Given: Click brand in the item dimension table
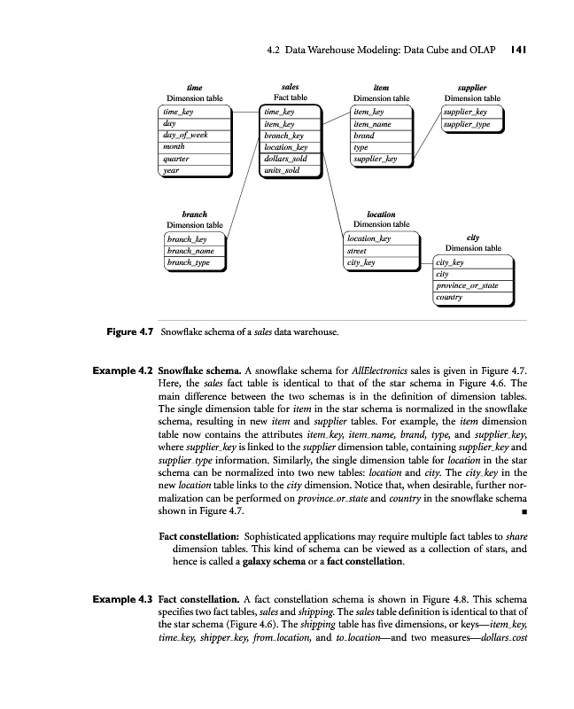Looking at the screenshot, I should point(363,136).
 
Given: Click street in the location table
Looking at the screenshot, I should point(356,251).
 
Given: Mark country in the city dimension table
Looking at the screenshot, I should point(449,298).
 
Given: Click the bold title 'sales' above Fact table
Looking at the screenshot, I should point(289,88).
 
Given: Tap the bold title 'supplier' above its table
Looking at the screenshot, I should point(473,88).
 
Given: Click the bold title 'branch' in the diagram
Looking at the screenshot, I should point(194,214).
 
